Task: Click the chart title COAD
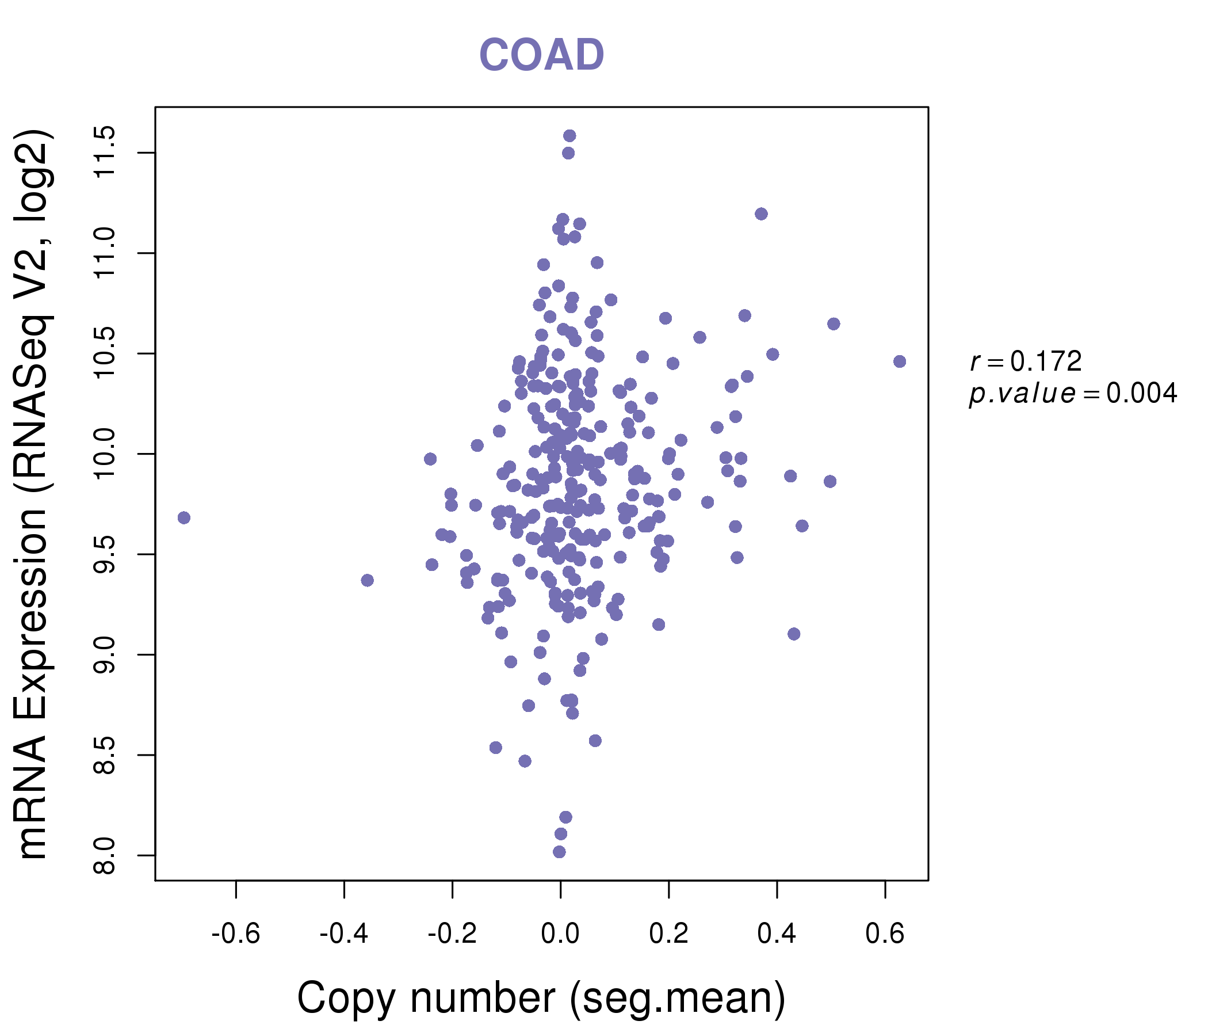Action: [x=541, y=55]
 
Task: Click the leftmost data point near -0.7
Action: [x=184, y=518]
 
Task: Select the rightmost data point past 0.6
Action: [x=900, y=361]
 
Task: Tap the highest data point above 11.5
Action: [x=569, y=136]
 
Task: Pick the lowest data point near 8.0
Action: [x=559, y=852]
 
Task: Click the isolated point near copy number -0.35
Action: [x=368, y=580]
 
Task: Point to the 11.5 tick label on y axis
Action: [x=105, y=153]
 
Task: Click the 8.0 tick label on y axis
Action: [x=105, y=856]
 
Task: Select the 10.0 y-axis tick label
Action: [x=105, y=454]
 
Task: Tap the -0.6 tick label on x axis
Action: [x=235, y=934]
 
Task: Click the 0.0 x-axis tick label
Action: [x=560, y=934]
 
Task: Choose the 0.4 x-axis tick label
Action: [x=777, y=934]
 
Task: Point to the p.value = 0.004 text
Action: [x=1073, y=394]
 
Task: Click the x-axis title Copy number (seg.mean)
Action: [x=541, y=998]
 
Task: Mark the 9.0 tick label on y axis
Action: [x=105, y=655]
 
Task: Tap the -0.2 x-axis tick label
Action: [x=452, y=934]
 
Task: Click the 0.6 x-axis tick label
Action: [x=885, y=934]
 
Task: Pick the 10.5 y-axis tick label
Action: [x=105, y=353]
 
